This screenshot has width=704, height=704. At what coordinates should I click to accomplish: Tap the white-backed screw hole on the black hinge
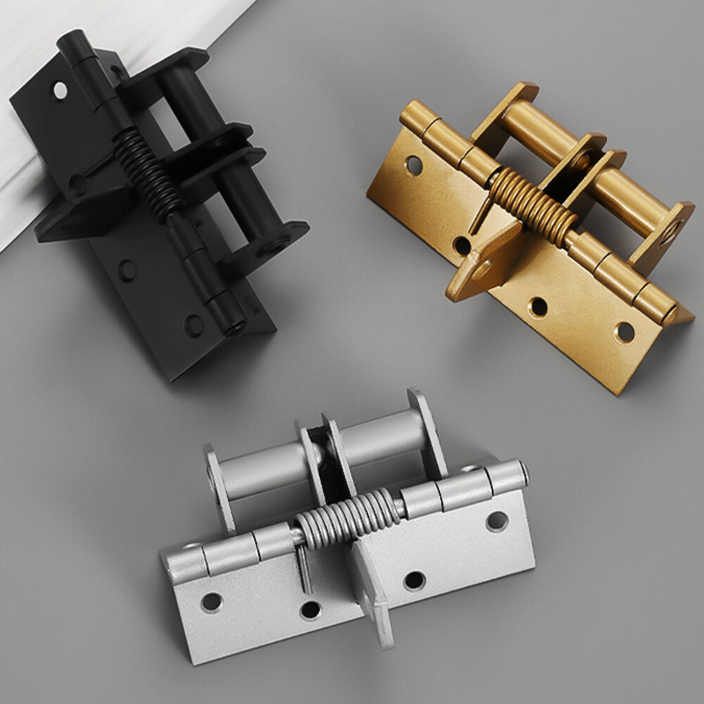click(60, 90)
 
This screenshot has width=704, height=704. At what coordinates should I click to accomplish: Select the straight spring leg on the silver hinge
click(303, 567)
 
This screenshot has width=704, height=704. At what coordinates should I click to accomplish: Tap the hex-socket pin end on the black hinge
click(234, 325)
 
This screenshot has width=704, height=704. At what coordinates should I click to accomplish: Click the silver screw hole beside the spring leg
click(310, 610)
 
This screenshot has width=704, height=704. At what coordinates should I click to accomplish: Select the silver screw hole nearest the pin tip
click(497, 521)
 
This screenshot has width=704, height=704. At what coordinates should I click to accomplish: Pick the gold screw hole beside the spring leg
click(462, 245)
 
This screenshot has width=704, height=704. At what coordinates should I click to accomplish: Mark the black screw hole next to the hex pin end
click(192, 325)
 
